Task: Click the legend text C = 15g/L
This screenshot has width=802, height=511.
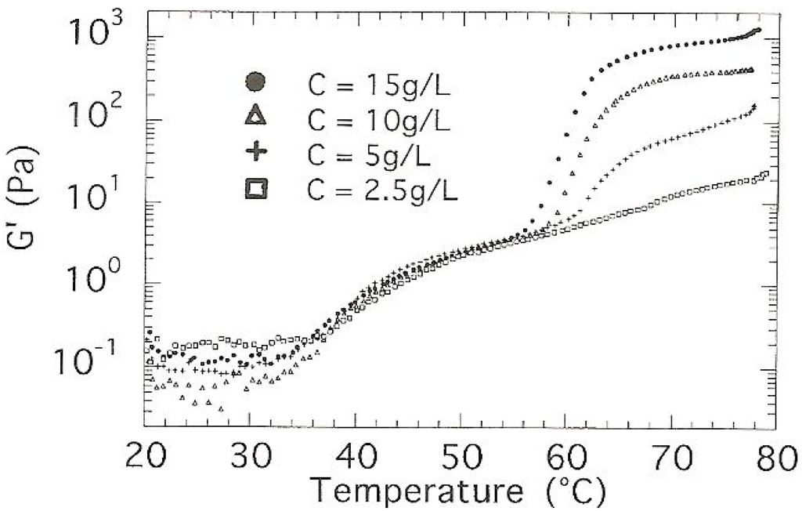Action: click(375, 83)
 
